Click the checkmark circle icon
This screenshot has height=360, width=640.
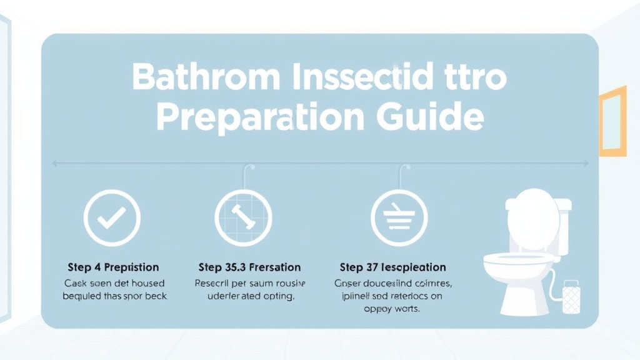[112, 217]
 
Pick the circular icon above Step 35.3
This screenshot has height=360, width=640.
[243, 217]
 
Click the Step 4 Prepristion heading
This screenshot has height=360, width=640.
[113, 267]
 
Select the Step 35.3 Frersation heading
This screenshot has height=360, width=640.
[249, 267]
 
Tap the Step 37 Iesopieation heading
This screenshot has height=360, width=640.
[392, 267]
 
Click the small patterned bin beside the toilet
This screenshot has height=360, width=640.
[571, 297]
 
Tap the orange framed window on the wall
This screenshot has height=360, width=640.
[612, 121]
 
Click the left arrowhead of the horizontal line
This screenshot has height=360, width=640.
[54, 163]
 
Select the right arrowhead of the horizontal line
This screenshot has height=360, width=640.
[586, 163]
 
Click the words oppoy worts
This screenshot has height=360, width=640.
[392, 309]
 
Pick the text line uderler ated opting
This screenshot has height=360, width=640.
[250, 296]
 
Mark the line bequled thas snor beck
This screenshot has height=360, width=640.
[114, 296]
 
